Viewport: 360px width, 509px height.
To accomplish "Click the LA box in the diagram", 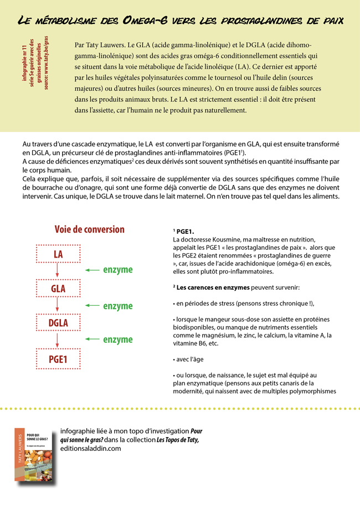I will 58,254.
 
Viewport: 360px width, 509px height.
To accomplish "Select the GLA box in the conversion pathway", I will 58,289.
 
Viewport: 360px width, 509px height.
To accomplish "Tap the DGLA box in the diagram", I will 58,323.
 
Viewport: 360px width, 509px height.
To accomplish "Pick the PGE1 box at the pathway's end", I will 58,358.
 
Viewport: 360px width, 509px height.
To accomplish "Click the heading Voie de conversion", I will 89,229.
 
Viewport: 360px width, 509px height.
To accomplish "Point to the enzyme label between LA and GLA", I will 118,270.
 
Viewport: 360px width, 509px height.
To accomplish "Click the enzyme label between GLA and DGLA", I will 118,306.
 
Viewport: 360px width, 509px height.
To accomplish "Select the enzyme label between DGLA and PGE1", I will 118,340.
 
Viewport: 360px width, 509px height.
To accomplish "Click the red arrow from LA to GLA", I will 57,271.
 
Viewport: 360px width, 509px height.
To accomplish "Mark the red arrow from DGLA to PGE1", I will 57,340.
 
